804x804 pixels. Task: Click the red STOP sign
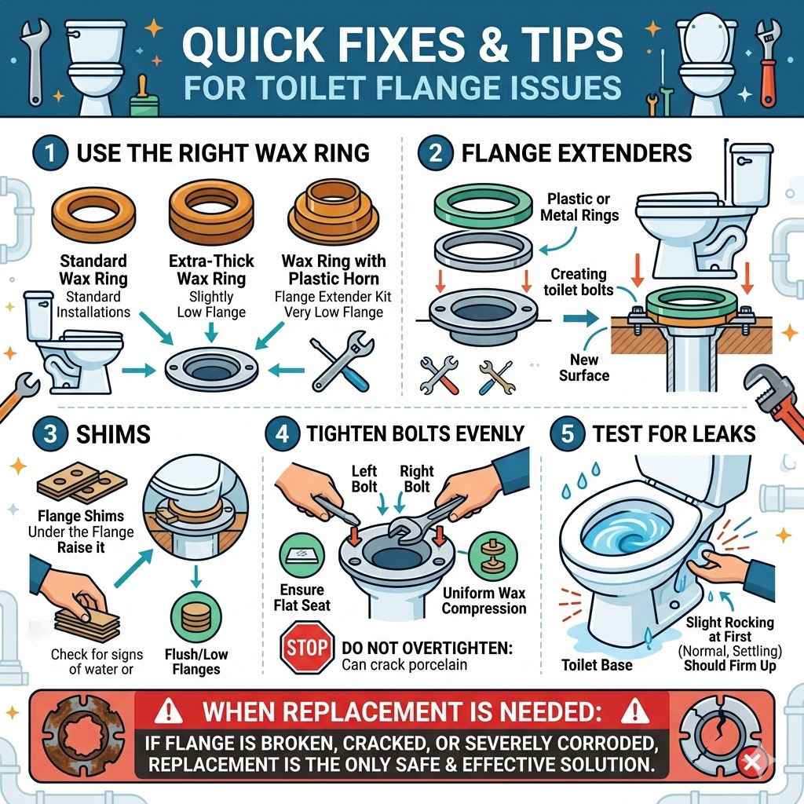pos(307,647)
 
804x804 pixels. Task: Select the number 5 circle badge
pos(567,434)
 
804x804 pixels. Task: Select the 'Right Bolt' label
pos(416,479)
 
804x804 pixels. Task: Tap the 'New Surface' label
pos(584,367)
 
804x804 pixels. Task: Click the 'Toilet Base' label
pos(598,666)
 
